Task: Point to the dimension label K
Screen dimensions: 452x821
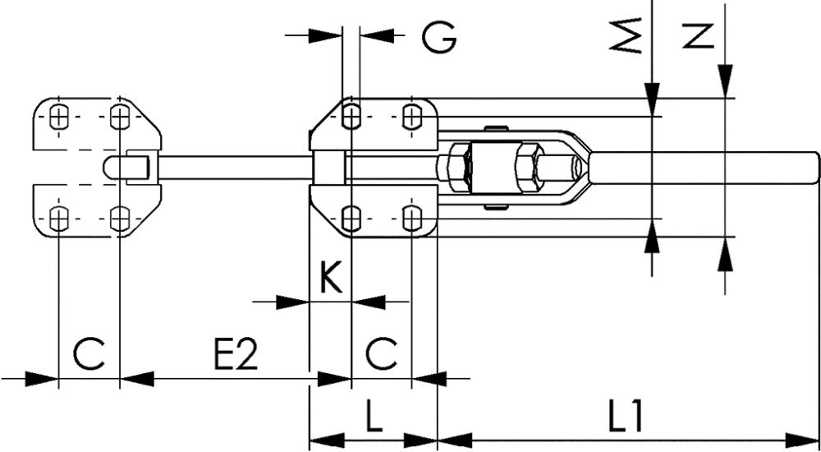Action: (x=329, y=279)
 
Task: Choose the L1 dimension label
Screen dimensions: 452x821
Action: (x=626, y=418)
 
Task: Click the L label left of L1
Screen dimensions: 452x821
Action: (x=373, y=418)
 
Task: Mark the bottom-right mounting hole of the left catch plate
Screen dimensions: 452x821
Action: (x=120, y=218)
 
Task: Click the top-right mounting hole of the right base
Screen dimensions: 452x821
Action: (x=411, y=118)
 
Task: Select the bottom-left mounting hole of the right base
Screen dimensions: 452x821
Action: (x=351, y=218)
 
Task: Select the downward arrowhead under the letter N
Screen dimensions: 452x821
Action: (x=725, y=82)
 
